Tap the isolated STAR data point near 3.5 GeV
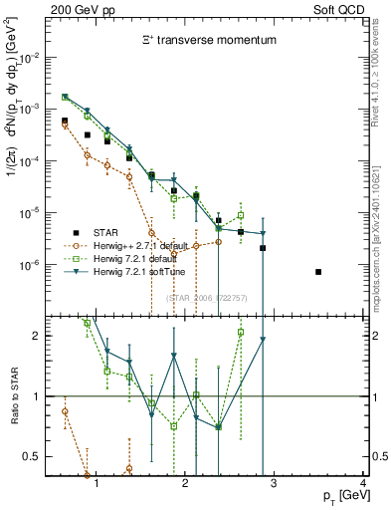(x=318, y=272)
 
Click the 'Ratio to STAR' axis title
(x=14, y=395)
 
